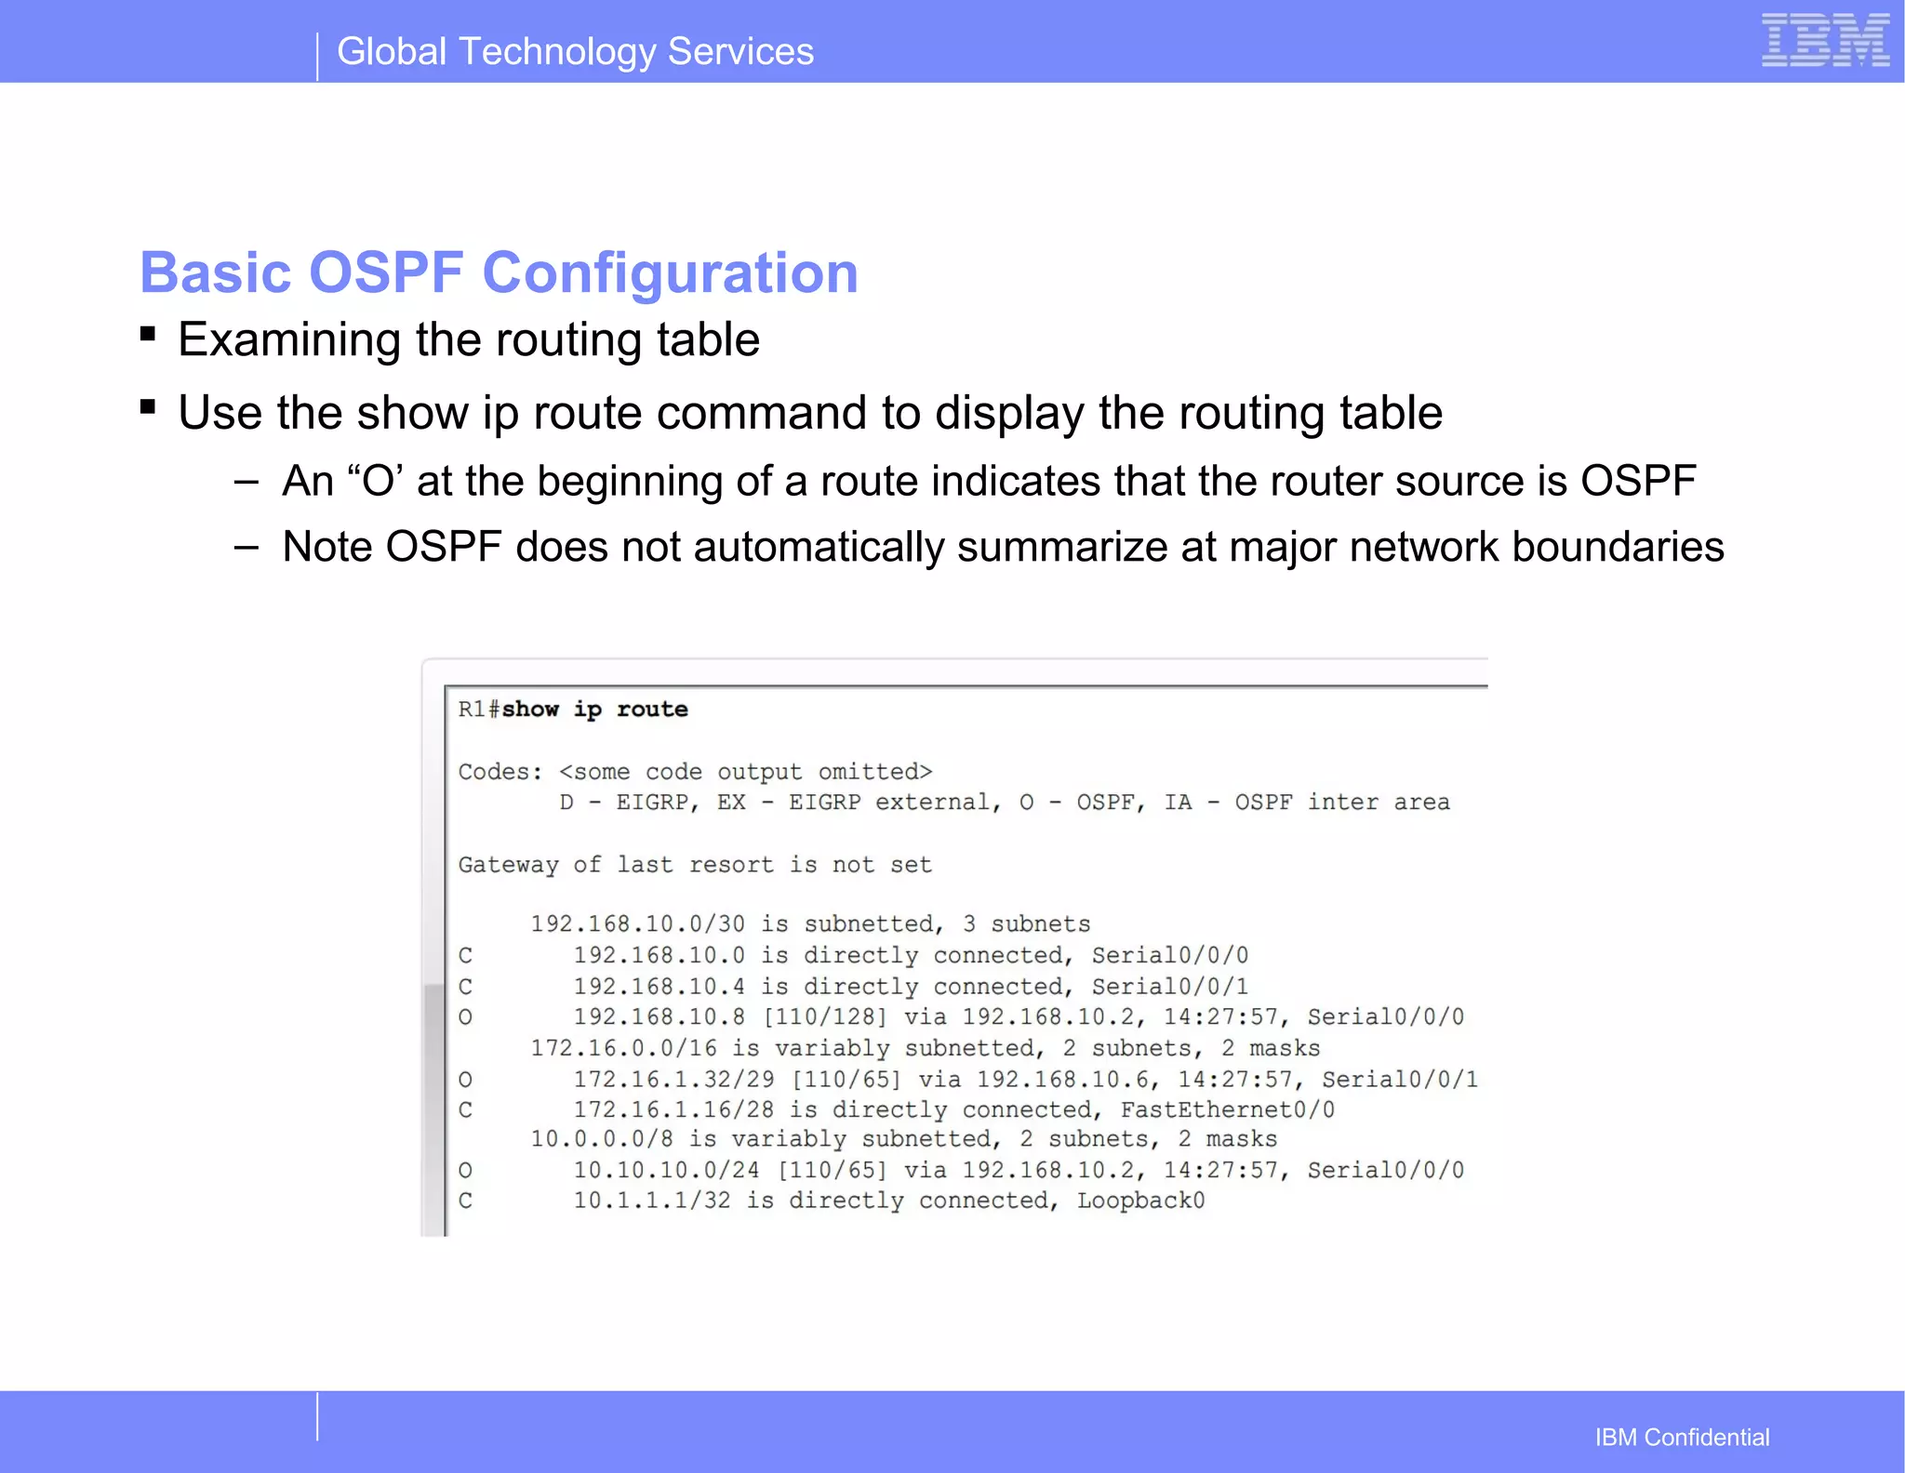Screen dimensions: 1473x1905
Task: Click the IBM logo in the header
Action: click(x=1824, y=40)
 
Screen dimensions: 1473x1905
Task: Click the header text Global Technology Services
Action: click(x=575, y=52)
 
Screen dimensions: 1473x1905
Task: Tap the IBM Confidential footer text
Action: click(x=1682, y=1437)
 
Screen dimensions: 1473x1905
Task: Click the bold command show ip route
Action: click(x=595, y=710)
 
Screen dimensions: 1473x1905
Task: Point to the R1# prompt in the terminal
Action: click(x=478, y=710)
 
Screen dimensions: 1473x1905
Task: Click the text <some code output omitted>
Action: click(x=745, y=772)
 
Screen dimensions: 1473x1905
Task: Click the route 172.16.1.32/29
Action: click(x=673, y=1080)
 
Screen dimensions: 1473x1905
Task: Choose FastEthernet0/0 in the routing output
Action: click(x=1227, y=1109)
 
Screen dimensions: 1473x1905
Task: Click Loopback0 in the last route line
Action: click(x=1140, y=1201)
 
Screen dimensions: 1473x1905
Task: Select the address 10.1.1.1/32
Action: click(x=651, y=1201)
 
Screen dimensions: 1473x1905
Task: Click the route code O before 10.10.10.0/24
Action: click(x=465, y=1170)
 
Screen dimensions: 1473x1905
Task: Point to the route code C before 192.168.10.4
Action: click(x=465, y=987)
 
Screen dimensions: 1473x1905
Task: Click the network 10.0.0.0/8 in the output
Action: click(x=601, y=1139)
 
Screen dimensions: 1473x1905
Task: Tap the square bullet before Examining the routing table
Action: click(x=148, y=334)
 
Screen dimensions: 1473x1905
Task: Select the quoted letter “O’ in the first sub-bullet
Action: click(x=375, y=482)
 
